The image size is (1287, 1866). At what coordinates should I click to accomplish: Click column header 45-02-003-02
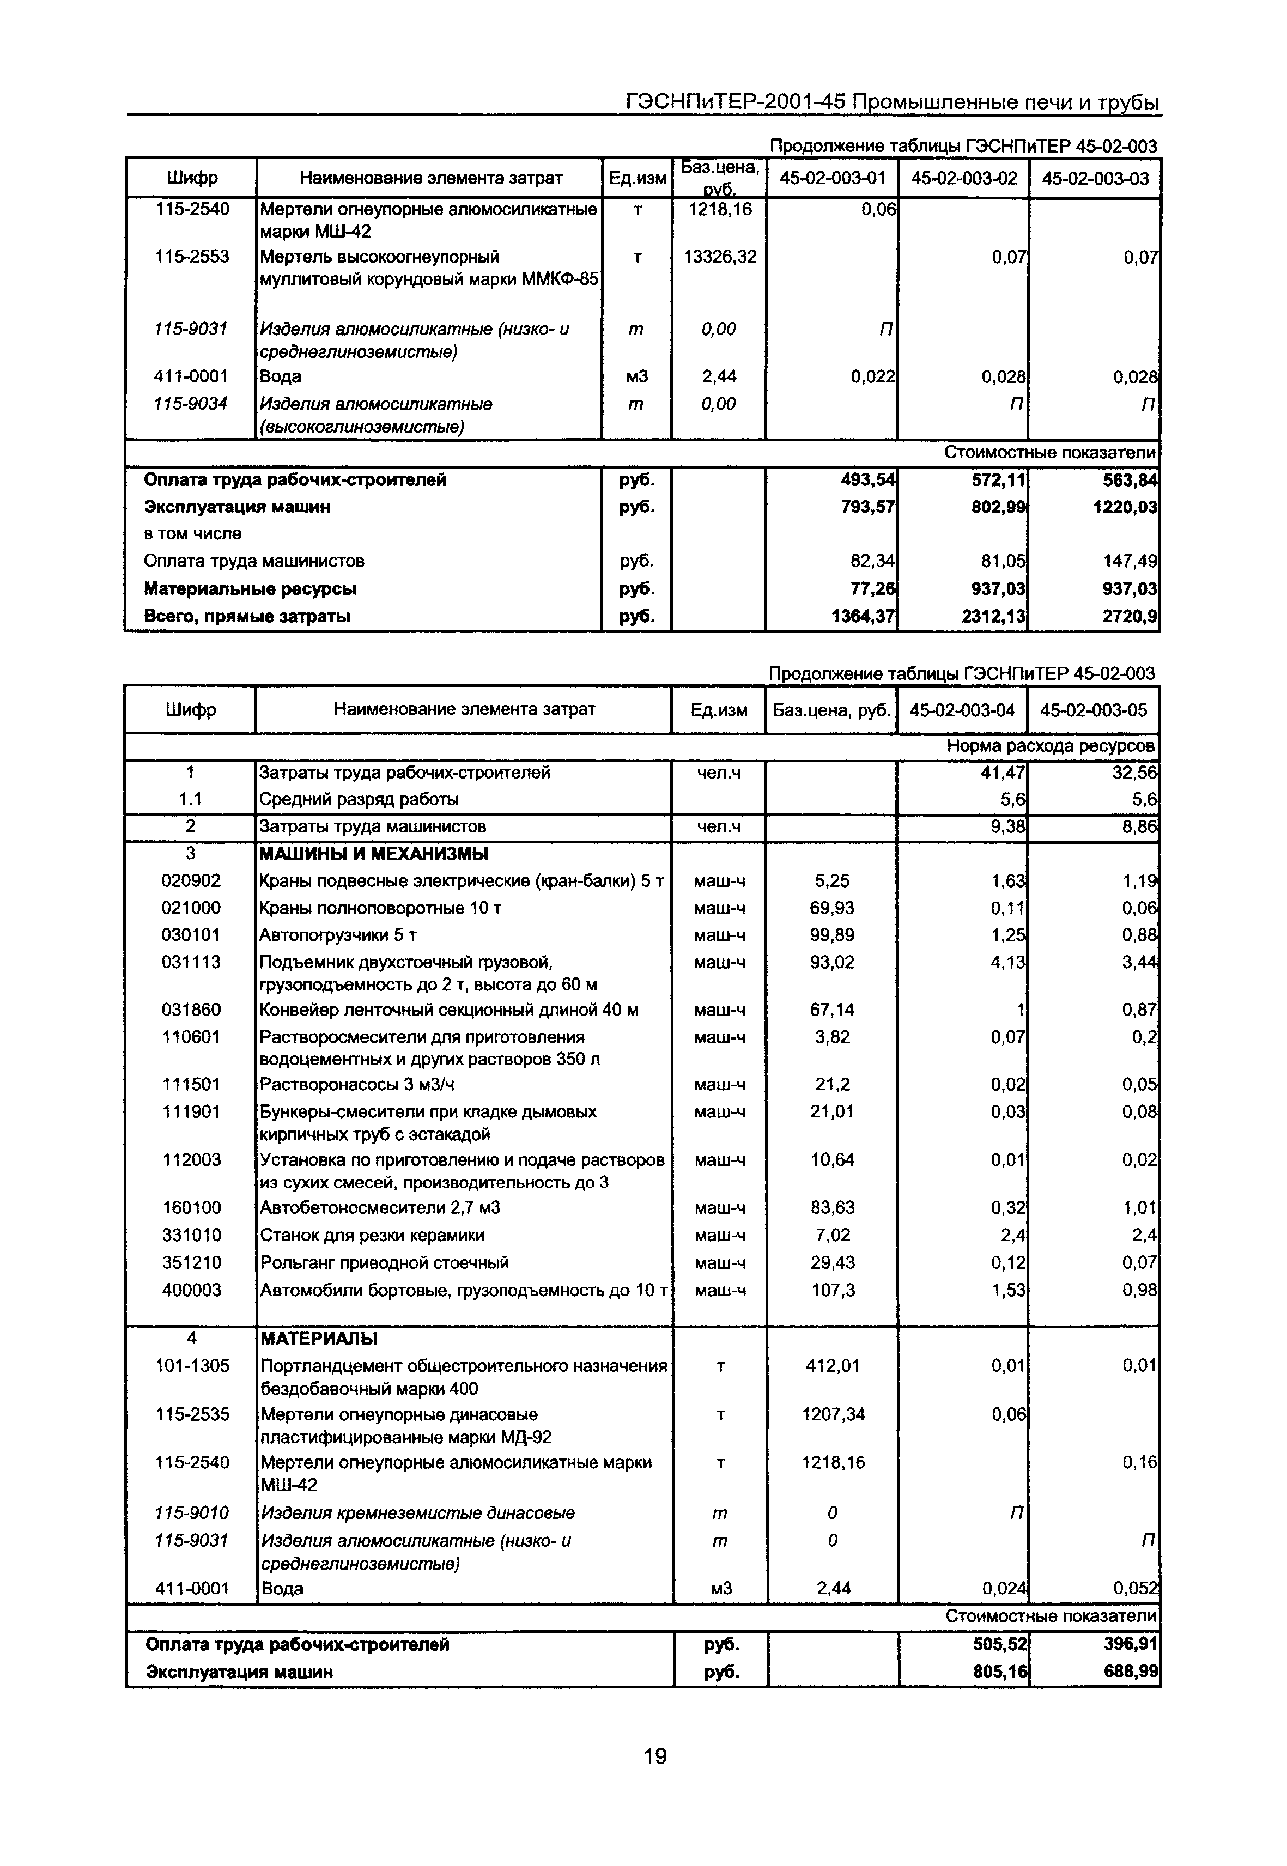coord(964,178)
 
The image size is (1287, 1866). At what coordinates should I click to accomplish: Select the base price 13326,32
coord(719,257)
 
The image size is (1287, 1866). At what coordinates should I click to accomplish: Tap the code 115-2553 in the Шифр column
coord(192,257)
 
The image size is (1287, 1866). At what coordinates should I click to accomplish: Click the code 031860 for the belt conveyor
coord(191,1010)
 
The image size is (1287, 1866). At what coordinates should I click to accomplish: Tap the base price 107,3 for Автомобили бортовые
coord(832,1290)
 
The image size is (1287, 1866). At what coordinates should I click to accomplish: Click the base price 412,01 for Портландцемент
coord(832,1366)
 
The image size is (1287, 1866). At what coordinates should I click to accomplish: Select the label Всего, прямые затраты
coord(247,617)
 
